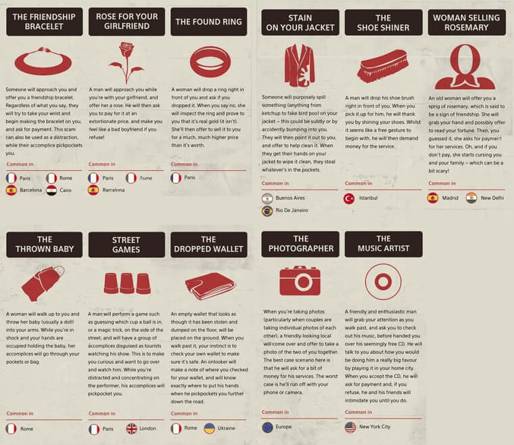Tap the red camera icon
pyautogui.click(x=300, y=280)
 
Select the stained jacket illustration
pyautogui.click(x=299, y=66)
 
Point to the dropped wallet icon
pyautogui.click(x=210, y=285)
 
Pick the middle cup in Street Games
pyautogui.click(x=126, y=283)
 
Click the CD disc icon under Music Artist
pyautogui.click(x=383, y=280)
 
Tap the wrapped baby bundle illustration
pyautogui.click(x=42, y=283)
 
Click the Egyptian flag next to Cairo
pyautogui.click(x=51, y=190)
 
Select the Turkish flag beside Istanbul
pyautogui.click(x=349, y=198)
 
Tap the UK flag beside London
pyautogui.click(x=131, y=428)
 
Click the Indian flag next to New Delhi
pyautogui.click(x=471, y=198)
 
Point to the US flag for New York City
pyautogui.click(x=350, y=427)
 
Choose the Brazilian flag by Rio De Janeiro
pyautogui.click(x=267, y=211)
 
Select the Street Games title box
pyautogui.click(x=126, y=245)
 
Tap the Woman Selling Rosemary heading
pyautogui.click(x=466, y=22)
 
